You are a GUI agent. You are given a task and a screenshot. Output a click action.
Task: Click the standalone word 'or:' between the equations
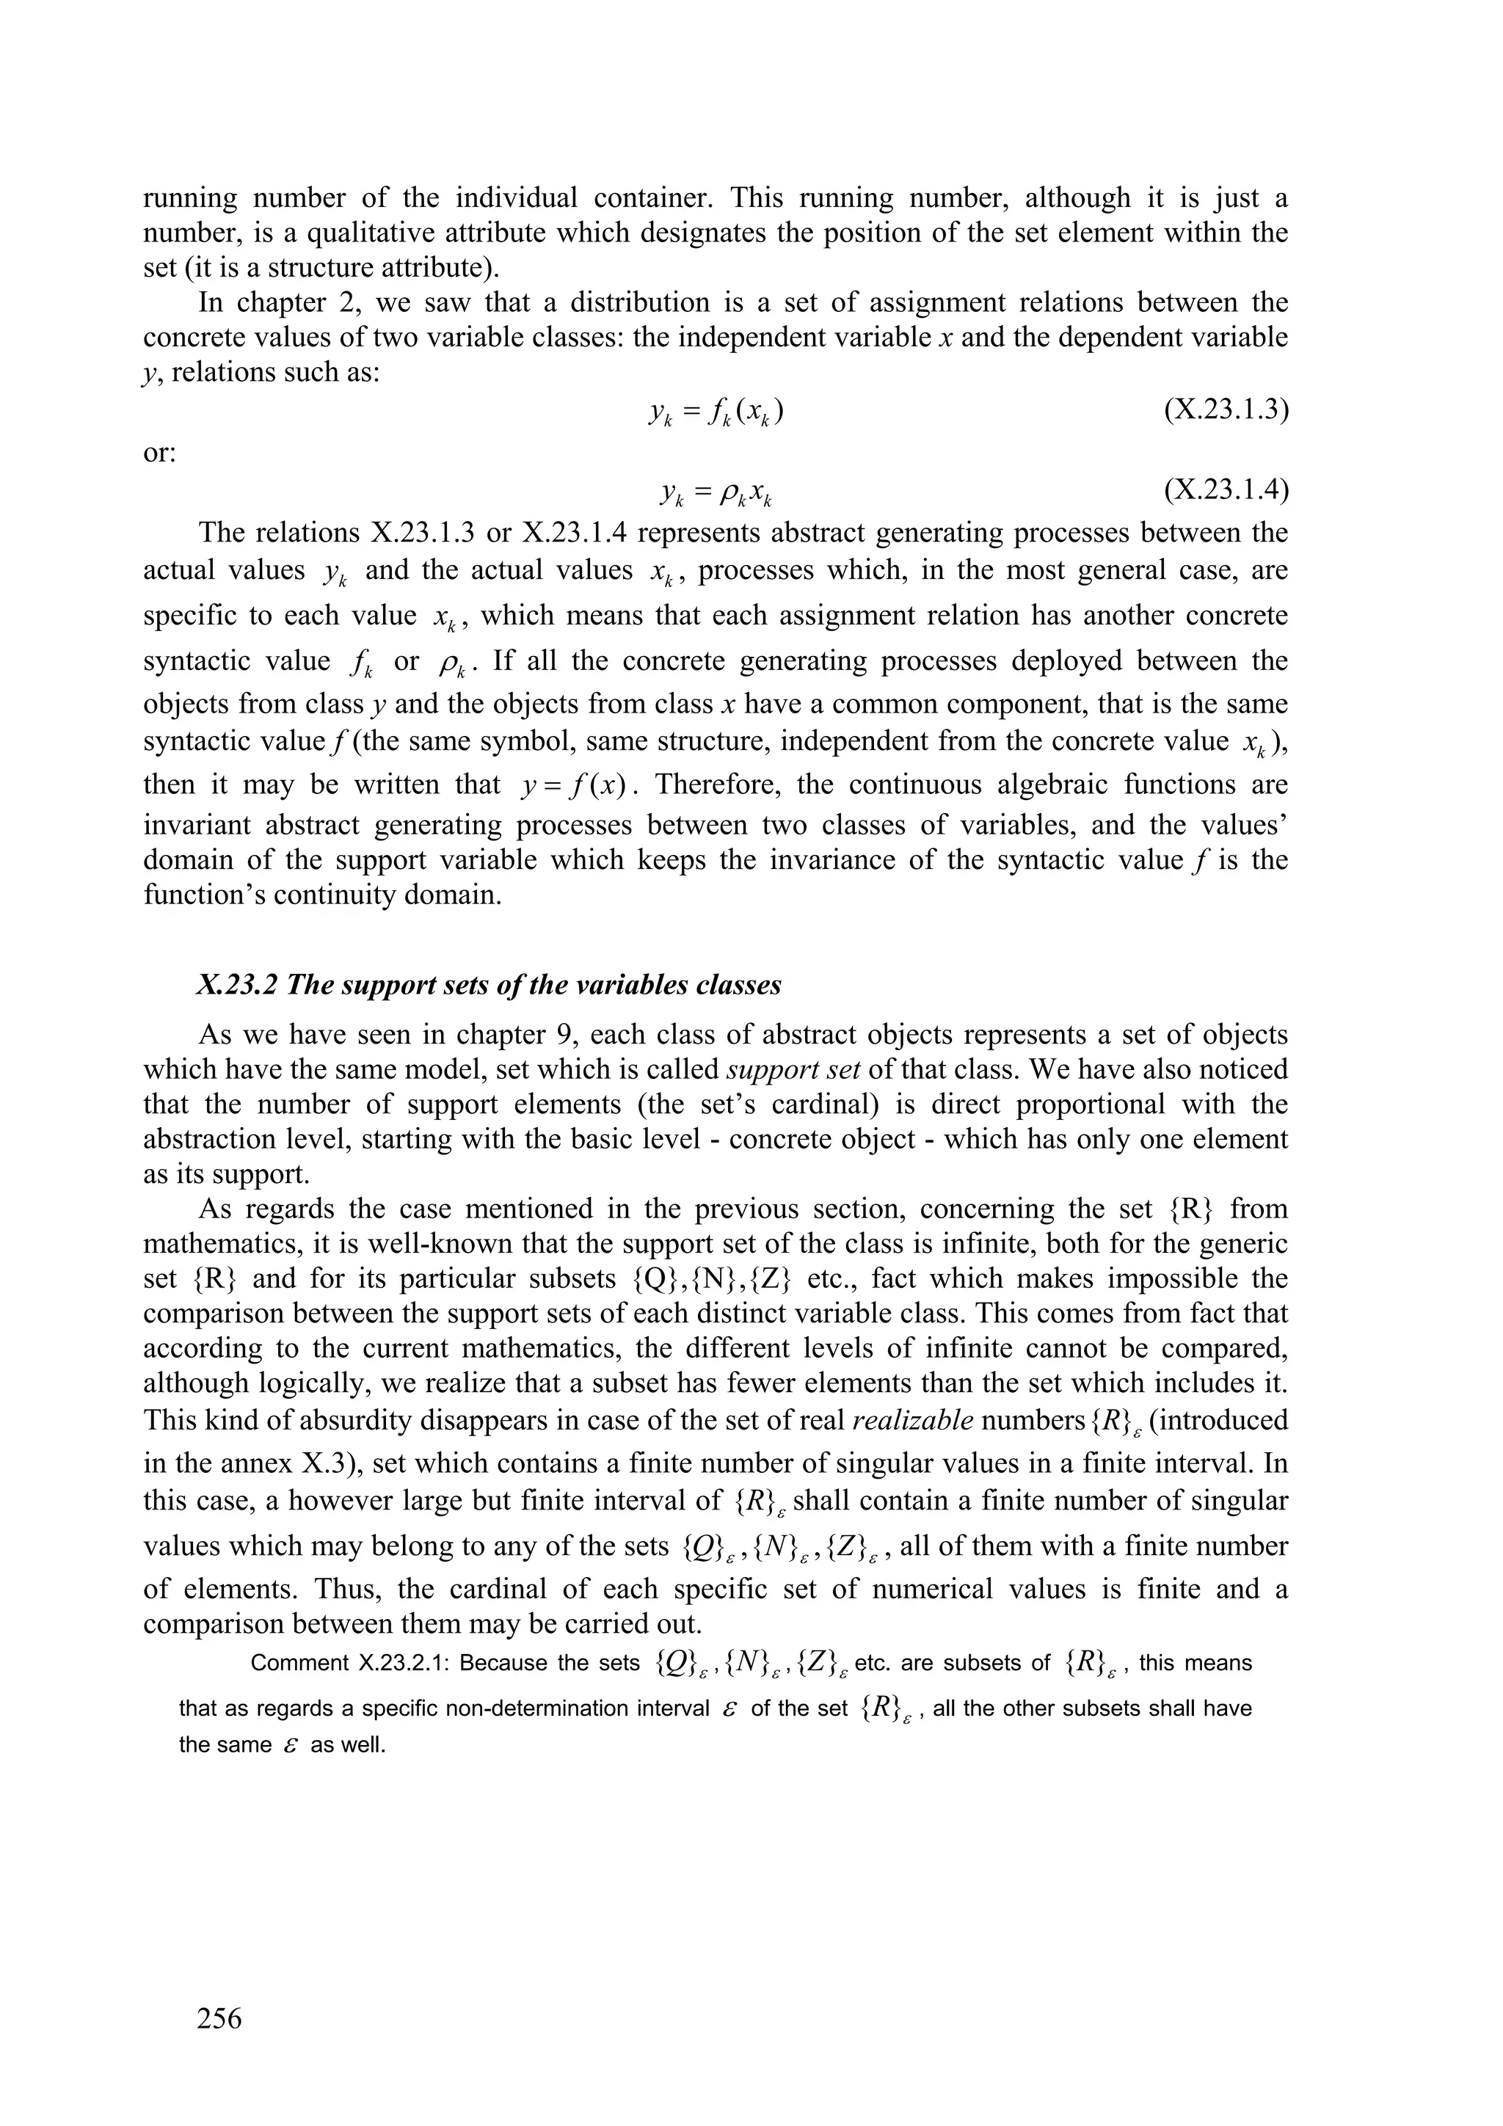[159, 453]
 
